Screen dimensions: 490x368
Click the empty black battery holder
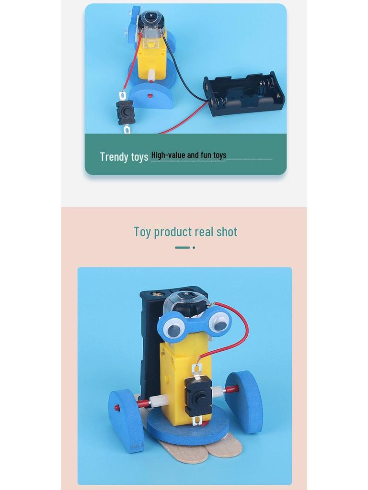pyautogui.click(x=244, y=94)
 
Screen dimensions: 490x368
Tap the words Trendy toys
pyautogui.click(x=124, y=156)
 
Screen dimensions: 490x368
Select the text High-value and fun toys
pyautogui.click(x=189, y=155)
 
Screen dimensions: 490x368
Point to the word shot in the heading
pyautogui.click(x=227, y=232)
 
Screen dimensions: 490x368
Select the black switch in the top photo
pyautogui.click(x=126, y=112)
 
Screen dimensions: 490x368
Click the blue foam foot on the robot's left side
pyautogui.click(x=126, y=420)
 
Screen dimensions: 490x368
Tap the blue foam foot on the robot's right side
pyautogui.click(x=245, y=401)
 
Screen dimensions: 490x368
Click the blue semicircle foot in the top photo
pyautogui.click(x=151, y=95)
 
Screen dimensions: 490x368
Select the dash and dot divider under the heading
pyautogui.click(x=185, y=247)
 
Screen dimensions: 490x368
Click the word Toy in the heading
pyautogui.click(x=142, y=232)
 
